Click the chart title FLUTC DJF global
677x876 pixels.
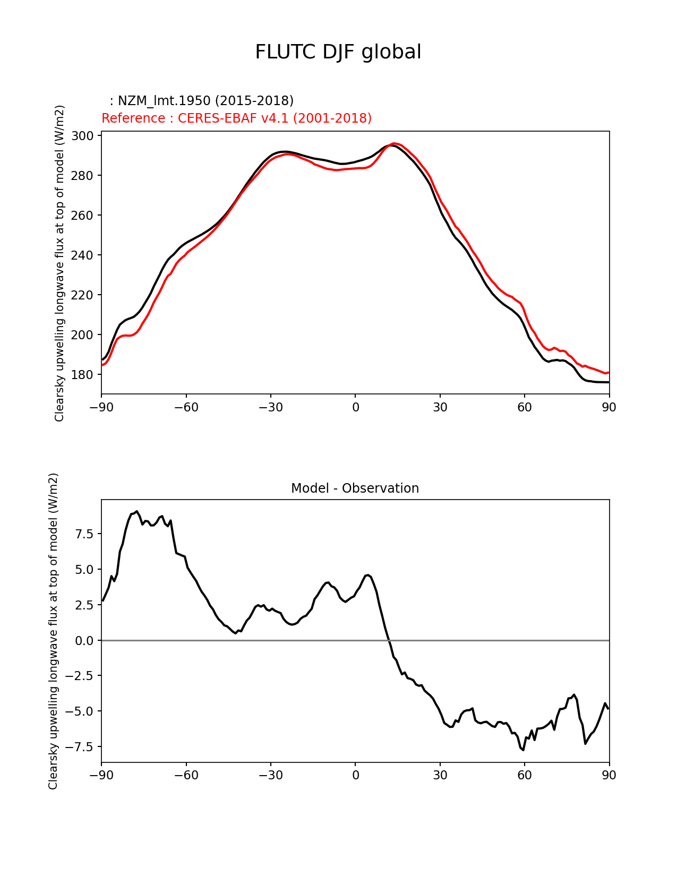pyautogui.click(x=338, y=52)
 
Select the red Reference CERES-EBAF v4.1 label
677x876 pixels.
pyautogui.click(x=236, y=118)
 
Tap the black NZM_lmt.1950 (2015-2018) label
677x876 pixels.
pyautogui.click(x=202, y=100)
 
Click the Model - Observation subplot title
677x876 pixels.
pyautogui.click(x=355, y=488)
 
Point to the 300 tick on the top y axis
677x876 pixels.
pyautogui.click(x=83, y=136)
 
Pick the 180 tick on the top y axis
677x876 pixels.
pyautogui.click(x=83, y=375)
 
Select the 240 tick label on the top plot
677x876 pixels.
pyautogui.click(x=83, y=255)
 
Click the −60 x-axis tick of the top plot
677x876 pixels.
pyautogui.click(x=186, y=407)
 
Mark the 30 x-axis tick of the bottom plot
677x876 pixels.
pyautogui.click(x=440, y=775)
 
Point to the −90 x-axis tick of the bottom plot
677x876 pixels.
pyautogui.click(x=101, y=775)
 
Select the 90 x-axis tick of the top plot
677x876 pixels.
pyautogui.click(x=609, y=407)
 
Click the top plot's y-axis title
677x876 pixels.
pyautogui.click(x=59, y=263)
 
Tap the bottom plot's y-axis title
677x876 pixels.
pyautogui.click(x=53, y=631)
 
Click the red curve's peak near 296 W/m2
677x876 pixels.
pyautogui.click(x=394, y=143)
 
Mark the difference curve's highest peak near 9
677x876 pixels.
pyautogui.click(x=136, y=511)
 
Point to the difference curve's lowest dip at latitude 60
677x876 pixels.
pyautogui.click(x=523, y=750)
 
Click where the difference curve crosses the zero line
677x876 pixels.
pyautogui.click(x=389, y=641)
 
